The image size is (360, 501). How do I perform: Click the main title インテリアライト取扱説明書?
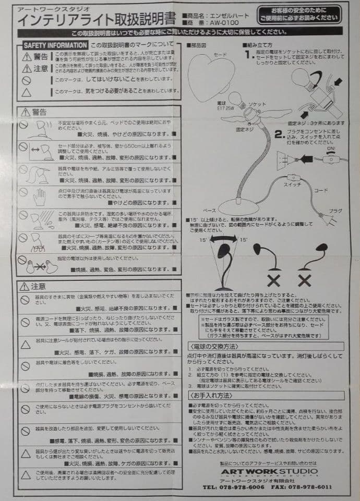[x=97, y=20]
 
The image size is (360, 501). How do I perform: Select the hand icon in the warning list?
[x=39, y=197]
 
